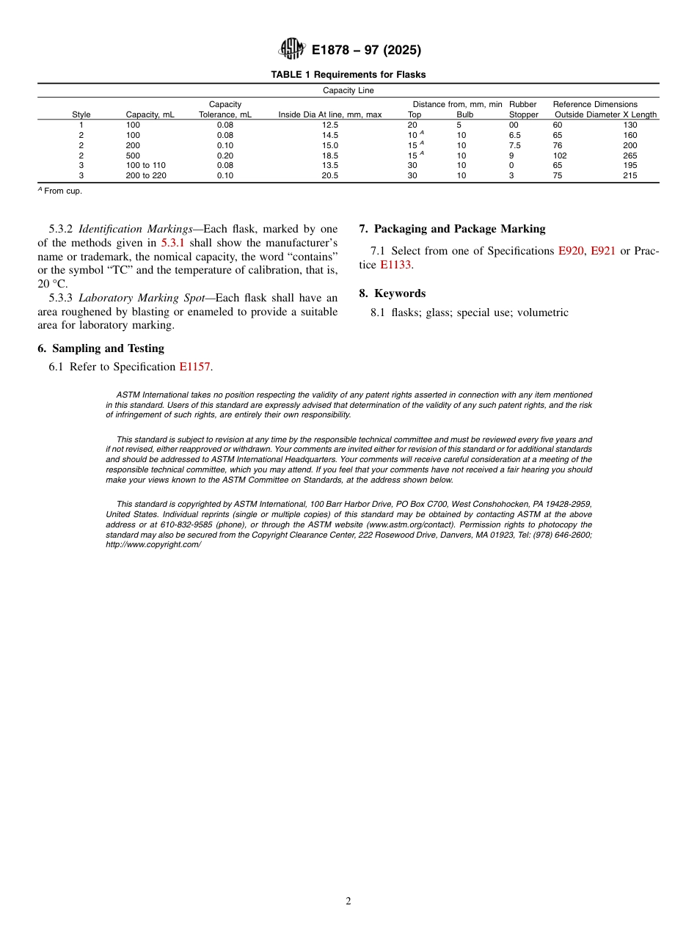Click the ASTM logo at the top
coord(293,49)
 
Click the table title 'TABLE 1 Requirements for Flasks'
coord(348,75)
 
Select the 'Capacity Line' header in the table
coord(348,91)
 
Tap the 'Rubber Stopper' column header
coord(523,109)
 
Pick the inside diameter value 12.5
coord(330,125)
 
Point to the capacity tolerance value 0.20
coord(225,155)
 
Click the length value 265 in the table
coord(630,155)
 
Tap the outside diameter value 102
coord(559,155)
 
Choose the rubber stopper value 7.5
coord(515,145)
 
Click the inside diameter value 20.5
coord(330,176)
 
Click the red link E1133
coord(395,265)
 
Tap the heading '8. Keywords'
coord(392,293)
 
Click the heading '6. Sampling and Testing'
coord(101,348)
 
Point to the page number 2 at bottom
coord(348,901)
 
